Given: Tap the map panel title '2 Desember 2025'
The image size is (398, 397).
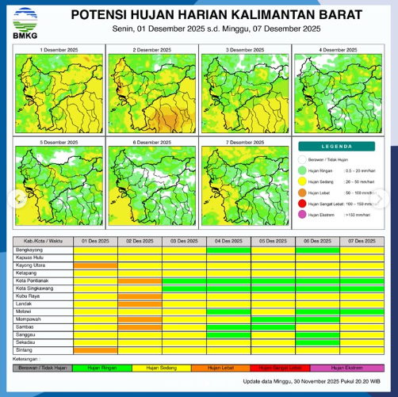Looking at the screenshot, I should pyautogui.click(x=151, y=49).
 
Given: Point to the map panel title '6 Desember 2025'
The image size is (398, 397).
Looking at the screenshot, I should pyautogui.click(x=151, y=142).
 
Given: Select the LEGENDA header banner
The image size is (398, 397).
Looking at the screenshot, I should pyautogui.click(x=342, y=147).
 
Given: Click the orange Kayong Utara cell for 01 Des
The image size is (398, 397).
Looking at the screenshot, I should pyautogui.click(x=95, y=265).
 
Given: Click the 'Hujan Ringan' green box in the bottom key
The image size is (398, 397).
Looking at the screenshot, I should pyautogui.click(x=102, y=368).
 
